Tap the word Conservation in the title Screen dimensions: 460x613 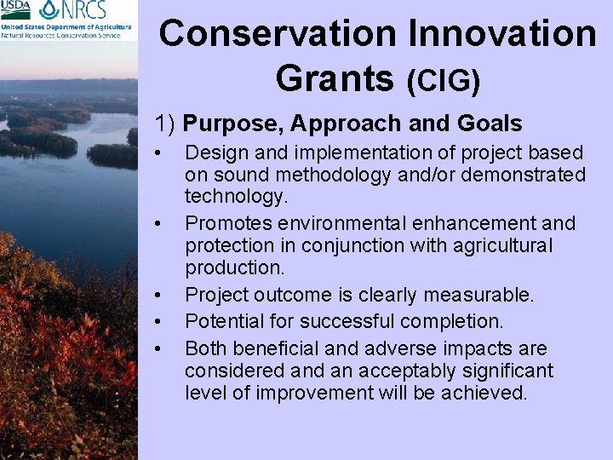click(x=278, y=34)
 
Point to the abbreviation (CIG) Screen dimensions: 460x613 click(x=444, y=81)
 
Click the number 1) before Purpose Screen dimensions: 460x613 click(x=165, y=124)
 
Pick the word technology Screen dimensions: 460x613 click(x=234, y=197)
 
